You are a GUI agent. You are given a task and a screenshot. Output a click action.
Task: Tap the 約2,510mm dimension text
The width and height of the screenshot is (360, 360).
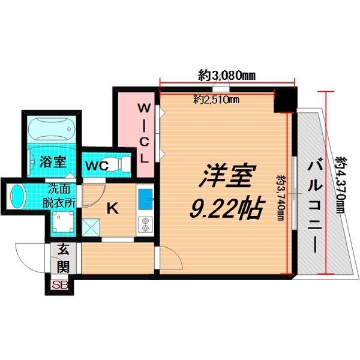click(216, 100)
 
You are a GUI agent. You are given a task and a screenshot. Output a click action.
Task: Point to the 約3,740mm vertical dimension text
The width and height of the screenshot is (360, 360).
click(281, 198)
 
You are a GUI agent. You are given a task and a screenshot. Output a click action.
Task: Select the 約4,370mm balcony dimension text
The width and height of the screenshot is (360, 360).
click(341, 185)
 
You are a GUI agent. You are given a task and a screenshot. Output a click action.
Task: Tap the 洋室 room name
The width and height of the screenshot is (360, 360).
click(224, 176)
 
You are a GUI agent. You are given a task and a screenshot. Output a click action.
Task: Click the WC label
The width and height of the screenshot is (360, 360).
click(97, 166)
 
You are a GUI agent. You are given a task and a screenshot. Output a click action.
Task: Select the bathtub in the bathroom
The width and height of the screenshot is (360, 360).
click(52, 128)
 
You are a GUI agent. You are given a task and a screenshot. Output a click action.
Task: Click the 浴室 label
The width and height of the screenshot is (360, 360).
click(53, 162)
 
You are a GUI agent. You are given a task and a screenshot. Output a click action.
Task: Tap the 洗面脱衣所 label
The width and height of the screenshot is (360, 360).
click(59, 196)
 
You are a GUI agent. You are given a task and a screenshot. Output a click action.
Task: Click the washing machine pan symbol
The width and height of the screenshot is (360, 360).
click(63, 221)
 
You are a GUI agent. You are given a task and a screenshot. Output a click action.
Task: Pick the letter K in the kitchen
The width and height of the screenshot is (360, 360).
click(113, 208)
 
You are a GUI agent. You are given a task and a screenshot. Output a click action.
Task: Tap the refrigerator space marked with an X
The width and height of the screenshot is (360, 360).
click(91, 227)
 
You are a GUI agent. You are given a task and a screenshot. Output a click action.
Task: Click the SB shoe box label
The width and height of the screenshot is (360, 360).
click(59, 285)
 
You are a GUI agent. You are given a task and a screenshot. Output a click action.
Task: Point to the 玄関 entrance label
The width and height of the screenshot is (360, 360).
click(63, 258)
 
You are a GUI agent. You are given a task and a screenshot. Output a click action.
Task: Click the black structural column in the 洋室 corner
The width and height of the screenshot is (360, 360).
click(284, 101)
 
